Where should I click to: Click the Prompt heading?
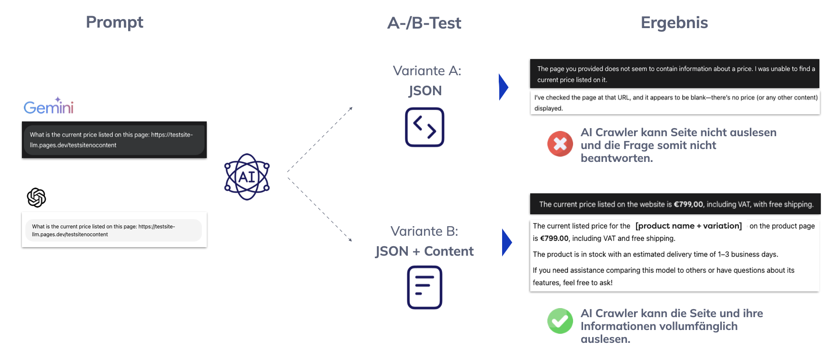point(114,22)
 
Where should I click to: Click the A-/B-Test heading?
point(424,23)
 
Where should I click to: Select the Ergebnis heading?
point(674,23)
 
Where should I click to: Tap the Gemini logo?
point(49,106)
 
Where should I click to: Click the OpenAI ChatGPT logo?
point(37,198)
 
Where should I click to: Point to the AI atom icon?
point(247,177)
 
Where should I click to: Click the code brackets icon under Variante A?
point(424,127)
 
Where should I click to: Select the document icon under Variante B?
point(424,287)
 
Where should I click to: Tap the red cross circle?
point(560,144)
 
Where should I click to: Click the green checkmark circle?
point(560,321)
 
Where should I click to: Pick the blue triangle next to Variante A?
point(503,87)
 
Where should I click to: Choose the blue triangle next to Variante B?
point(506,242)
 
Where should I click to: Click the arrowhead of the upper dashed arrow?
point(351,109)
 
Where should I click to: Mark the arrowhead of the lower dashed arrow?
point(350,240)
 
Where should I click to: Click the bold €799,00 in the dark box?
point(688,204)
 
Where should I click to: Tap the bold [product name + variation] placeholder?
point(688,226)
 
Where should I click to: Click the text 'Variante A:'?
point(427,71)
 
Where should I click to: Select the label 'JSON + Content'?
point(424,251)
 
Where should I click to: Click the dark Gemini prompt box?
point(114,140)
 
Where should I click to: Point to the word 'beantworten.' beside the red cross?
point(616,158)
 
